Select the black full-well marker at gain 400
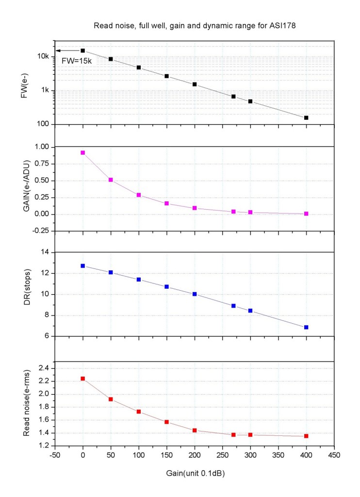tap(306, 118)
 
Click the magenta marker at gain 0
tap(83, 152)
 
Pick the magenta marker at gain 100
tap(139, 195)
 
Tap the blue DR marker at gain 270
tap(233, 306)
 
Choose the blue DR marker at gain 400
tap(306, 327)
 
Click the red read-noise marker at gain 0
tap(83, 379)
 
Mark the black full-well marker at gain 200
tap(195, 84)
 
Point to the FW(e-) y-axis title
tap(23, 87)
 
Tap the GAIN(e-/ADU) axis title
tap(23, 188)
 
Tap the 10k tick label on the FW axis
tap(43, 57)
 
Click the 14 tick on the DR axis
tap(46, 252)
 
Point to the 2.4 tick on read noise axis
tap(44, 368)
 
